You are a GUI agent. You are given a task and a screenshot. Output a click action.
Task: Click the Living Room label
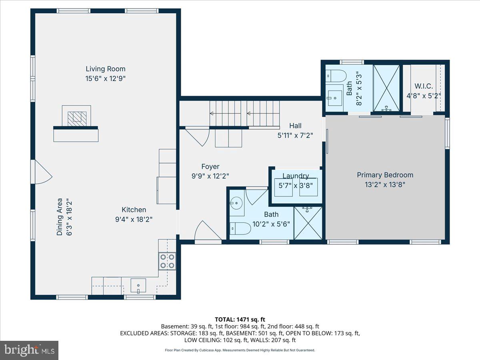click(106, 69)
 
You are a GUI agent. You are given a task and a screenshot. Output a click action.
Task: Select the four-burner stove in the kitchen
click(167, 261)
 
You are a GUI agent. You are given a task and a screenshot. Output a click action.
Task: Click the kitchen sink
click(138, 286)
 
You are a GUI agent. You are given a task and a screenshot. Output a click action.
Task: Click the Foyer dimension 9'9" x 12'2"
click(210, 176)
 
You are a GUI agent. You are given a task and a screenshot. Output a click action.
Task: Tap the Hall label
click(295, 126)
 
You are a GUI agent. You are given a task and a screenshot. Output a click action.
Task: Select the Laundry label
click(296, 176)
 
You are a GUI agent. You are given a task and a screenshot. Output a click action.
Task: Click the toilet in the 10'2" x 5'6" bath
click(240, 228)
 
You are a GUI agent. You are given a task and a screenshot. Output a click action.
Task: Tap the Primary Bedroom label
click(385, 175)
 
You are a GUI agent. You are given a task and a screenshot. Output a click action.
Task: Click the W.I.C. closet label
click(424, 86)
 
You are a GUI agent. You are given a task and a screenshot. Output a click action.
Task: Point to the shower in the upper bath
click(386, 88)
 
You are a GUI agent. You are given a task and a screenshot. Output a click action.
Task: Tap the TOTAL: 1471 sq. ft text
click(240, 319)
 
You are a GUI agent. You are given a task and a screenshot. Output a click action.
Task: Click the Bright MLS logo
click(29, 350)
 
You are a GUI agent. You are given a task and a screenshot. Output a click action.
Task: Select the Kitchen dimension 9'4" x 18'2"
click(134, 219)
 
